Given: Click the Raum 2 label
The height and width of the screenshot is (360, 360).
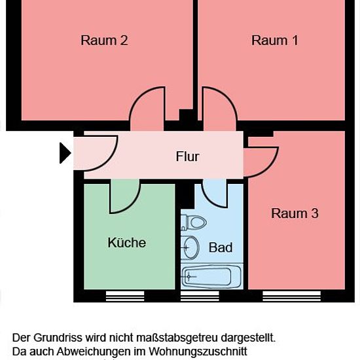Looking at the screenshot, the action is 104,40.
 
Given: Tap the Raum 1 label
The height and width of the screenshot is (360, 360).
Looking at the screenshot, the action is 275,40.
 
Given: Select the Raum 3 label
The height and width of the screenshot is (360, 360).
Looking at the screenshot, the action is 295,213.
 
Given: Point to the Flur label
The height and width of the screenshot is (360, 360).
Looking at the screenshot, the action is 188,156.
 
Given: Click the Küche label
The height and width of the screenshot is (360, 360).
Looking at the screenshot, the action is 127,242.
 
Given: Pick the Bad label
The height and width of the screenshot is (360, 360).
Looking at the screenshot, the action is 221,247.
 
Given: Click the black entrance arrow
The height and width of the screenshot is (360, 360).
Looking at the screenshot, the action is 65,153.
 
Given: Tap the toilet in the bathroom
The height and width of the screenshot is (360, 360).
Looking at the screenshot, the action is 193,223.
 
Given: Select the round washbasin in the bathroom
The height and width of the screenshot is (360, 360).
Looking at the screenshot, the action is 190,247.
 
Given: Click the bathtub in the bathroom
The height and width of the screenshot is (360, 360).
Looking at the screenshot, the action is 211,276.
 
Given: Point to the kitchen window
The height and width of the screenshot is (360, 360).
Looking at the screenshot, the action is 125,296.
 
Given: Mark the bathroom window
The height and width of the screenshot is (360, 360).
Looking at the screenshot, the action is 200,296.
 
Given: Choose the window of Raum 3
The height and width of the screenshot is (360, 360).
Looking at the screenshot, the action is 291,296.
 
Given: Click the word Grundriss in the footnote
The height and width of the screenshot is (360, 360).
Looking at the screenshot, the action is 58,338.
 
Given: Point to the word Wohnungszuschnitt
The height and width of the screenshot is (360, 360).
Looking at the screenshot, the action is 198,351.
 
